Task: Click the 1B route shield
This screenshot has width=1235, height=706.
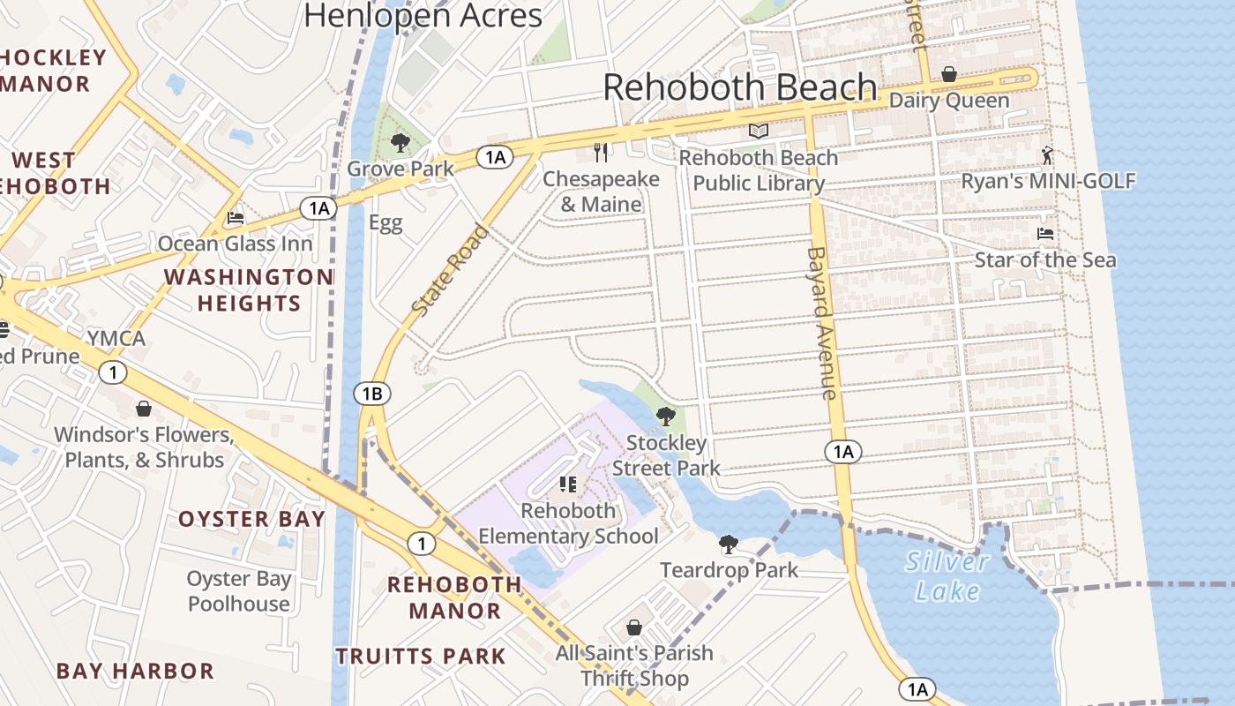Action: tap(372, 394)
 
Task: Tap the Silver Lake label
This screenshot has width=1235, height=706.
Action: tap(947, 575)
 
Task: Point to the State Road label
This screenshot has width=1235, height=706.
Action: tap(450, 271)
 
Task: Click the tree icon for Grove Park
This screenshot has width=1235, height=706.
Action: tap(400, 142)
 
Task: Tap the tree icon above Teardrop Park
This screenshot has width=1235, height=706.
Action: tap(728, 545)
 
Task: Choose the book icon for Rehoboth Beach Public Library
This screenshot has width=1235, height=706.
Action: tap(758, 131)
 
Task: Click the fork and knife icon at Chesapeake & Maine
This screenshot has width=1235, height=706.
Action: tap(602, 153)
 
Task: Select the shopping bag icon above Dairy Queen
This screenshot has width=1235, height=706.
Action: tap(949, 74)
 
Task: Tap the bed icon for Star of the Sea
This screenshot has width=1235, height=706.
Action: tap(1044, 234)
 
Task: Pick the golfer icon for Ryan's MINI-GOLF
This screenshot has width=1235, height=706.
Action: tap(1047, 155)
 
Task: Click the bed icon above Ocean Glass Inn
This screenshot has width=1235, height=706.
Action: tap(235, 217)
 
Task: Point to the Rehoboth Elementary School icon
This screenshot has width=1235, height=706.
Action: tap(568, 484)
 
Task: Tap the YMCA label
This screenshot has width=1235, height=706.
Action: tap(116, 339)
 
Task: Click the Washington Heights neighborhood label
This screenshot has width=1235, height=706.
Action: tap(249, 290)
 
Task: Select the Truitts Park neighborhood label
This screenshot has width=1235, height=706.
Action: tap(421, 657)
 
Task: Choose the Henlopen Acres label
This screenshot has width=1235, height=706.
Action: tap(423, 15)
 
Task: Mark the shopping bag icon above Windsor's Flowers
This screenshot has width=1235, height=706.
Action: tap(144, 409)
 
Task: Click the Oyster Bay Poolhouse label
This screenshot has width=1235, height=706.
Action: tap(239, 591)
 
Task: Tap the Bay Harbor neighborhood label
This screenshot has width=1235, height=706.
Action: tap(135, 671)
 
